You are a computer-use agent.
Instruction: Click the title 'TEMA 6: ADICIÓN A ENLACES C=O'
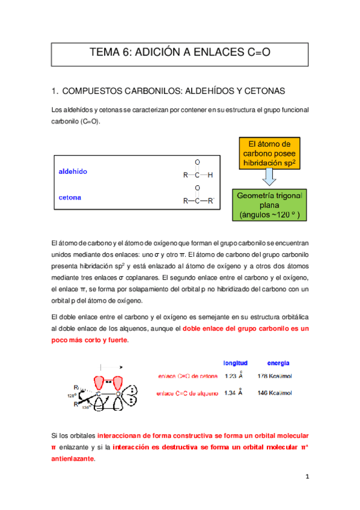point(180,53)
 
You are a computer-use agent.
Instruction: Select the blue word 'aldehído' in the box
point(73,172)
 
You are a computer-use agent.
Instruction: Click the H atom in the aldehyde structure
point(210,176)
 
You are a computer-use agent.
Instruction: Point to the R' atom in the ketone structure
point(211,201)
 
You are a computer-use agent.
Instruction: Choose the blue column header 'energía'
point(278,363)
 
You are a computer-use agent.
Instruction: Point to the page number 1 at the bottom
point(306,478)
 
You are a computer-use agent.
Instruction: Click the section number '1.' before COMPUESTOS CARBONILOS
point(55,91)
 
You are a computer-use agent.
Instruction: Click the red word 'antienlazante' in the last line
point(73,458)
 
